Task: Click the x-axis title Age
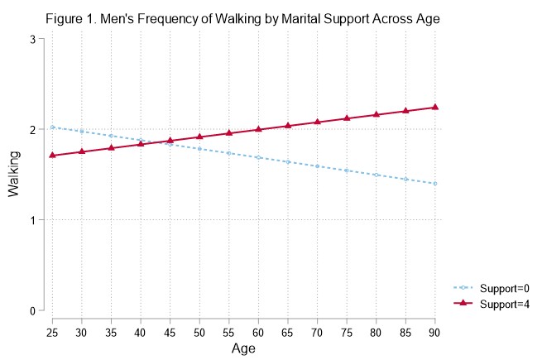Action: (x=244, y=350)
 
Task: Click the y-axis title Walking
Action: (x=14, y=175)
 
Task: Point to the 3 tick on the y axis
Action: (x=31, y=39)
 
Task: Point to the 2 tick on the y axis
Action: (x=31, y=130)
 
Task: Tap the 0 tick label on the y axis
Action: (x=31, y=311)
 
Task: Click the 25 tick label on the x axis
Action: (x=52, y=332)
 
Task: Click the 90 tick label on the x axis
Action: (x=435, y=332)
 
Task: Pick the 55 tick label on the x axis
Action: (x=229, y=332)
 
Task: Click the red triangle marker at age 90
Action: (x=435, y=107)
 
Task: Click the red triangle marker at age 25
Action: (x=52, y=155)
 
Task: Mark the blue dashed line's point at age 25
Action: (x=52, y=127)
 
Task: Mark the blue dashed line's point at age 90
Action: (x=435, y=184)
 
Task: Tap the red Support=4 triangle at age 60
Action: (x=259, y=129)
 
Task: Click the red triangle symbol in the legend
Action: (x=466, y=304)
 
